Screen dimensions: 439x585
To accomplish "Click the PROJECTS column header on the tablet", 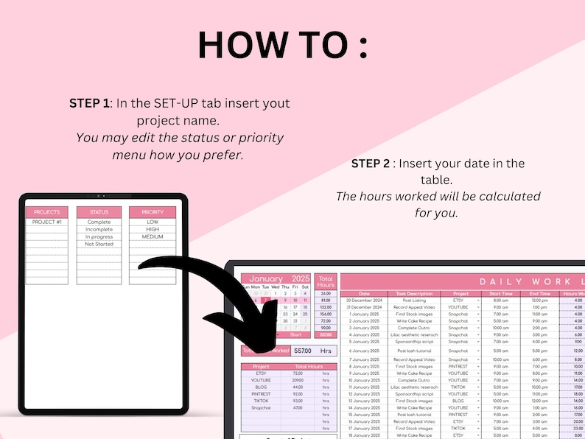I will (x=47, y=212).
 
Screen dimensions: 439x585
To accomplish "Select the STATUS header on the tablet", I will (x=99, y=212).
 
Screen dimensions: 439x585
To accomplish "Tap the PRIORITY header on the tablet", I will (x=153, y=212).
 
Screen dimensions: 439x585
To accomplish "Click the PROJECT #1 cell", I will (x=47, y=222).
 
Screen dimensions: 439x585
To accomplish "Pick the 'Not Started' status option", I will (x=99, y=244).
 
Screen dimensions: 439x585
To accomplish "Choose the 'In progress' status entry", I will (x=99, y=236).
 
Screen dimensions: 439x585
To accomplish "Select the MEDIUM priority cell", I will (x=153, y=236).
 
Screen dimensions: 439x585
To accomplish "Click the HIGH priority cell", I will (x=153, y=229).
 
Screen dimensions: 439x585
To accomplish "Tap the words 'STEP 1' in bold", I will (x=90, y=103).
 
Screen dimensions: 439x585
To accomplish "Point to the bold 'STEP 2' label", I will (x=372, y=163).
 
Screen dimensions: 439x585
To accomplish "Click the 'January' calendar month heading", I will (x=266, y=279).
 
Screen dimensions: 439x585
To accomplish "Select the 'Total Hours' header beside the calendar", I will (x=325, y=281).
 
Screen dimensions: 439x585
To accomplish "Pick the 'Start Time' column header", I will (x=501, y=293).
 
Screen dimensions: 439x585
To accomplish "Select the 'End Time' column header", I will (x=539, y=293).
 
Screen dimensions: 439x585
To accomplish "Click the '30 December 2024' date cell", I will (x=364, y=301).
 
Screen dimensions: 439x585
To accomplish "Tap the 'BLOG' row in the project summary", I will (x=260, y=387).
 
